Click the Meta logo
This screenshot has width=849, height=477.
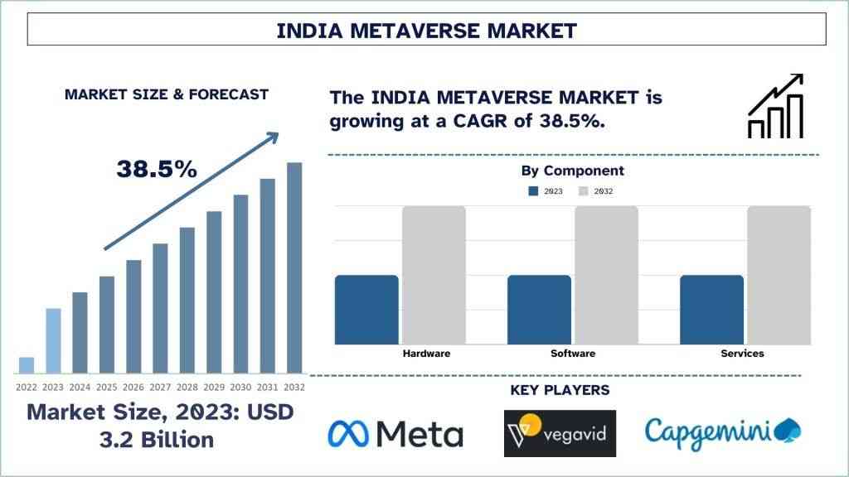(x=395, y=433)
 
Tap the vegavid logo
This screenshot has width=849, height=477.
(x=560, y=433)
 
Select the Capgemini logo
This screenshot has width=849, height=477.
(x=722, y=431)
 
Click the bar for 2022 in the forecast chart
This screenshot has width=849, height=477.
(x=27, y=365)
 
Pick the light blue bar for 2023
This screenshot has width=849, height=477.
(x=53, y=340)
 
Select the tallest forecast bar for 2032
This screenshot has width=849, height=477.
(x=294, y=267)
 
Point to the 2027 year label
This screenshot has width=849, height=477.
(x=160, y=387)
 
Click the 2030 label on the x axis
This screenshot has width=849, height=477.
(x=240, y=387)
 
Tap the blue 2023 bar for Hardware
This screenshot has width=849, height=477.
(x=366, y=309)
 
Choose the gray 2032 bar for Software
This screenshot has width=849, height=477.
(x=606, y=275)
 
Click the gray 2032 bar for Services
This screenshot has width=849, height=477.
(x=779, y=275)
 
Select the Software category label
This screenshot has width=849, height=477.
(x=573, y=354)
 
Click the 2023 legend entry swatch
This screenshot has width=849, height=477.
(x=533, y=191)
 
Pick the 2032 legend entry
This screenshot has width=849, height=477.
(x=596, y=191)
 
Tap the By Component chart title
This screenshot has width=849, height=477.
(x=572, y=171)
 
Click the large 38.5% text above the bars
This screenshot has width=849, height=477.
(x=157, y=169)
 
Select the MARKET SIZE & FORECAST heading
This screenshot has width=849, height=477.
(x=167, y=94)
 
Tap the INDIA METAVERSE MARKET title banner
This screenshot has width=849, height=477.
(x=426, y=31)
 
